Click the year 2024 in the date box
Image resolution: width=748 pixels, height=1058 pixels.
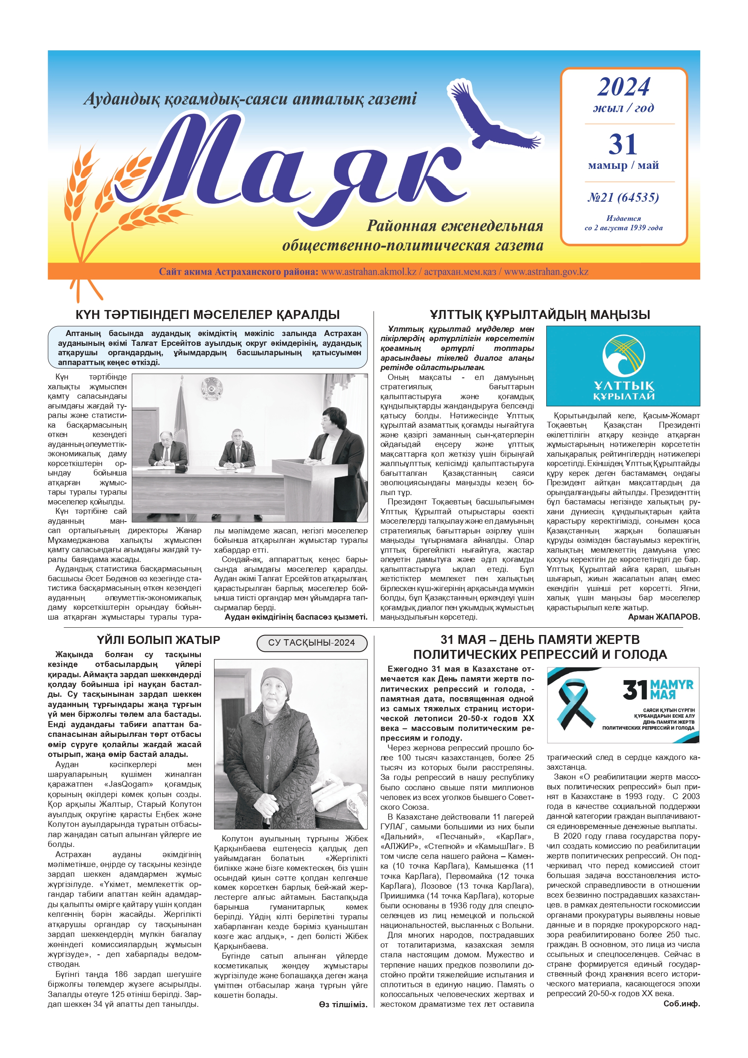click(x=623, y=87)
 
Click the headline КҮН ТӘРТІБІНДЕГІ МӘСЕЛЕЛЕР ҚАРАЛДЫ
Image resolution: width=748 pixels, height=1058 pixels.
click(x=207, y=315)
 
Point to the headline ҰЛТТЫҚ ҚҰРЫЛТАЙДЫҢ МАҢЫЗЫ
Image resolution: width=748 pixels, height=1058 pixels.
click(x=540, y=315)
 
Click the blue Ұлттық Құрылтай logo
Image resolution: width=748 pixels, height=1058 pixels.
click(x=623, y=366)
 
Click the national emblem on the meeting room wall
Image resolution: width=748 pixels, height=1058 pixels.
click(x=212, y=388)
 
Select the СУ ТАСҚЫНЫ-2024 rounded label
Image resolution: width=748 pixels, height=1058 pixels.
click(x=312, y=643)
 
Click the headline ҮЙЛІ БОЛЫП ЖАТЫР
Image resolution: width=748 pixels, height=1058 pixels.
click(x=158, y=640)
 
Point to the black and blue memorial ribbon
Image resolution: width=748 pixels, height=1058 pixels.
click(x=572, y=704)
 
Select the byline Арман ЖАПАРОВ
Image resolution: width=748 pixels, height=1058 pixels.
click(x=664, y=617)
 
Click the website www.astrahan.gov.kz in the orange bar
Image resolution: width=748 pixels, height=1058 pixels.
click(x=546, y=271)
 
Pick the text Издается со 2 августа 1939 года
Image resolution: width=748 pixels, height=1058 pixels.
click(x=623, y=223)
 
